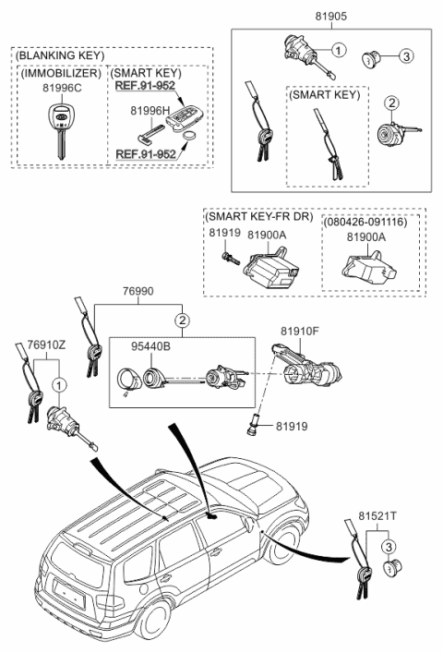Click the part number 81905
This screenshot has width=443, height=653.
click(x=329, y=16)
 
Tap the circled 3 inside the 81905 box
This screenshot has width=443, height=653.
click(x=405, y=56)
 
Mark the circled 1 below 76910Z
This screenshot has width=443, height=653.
click(x=60, y=383)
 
